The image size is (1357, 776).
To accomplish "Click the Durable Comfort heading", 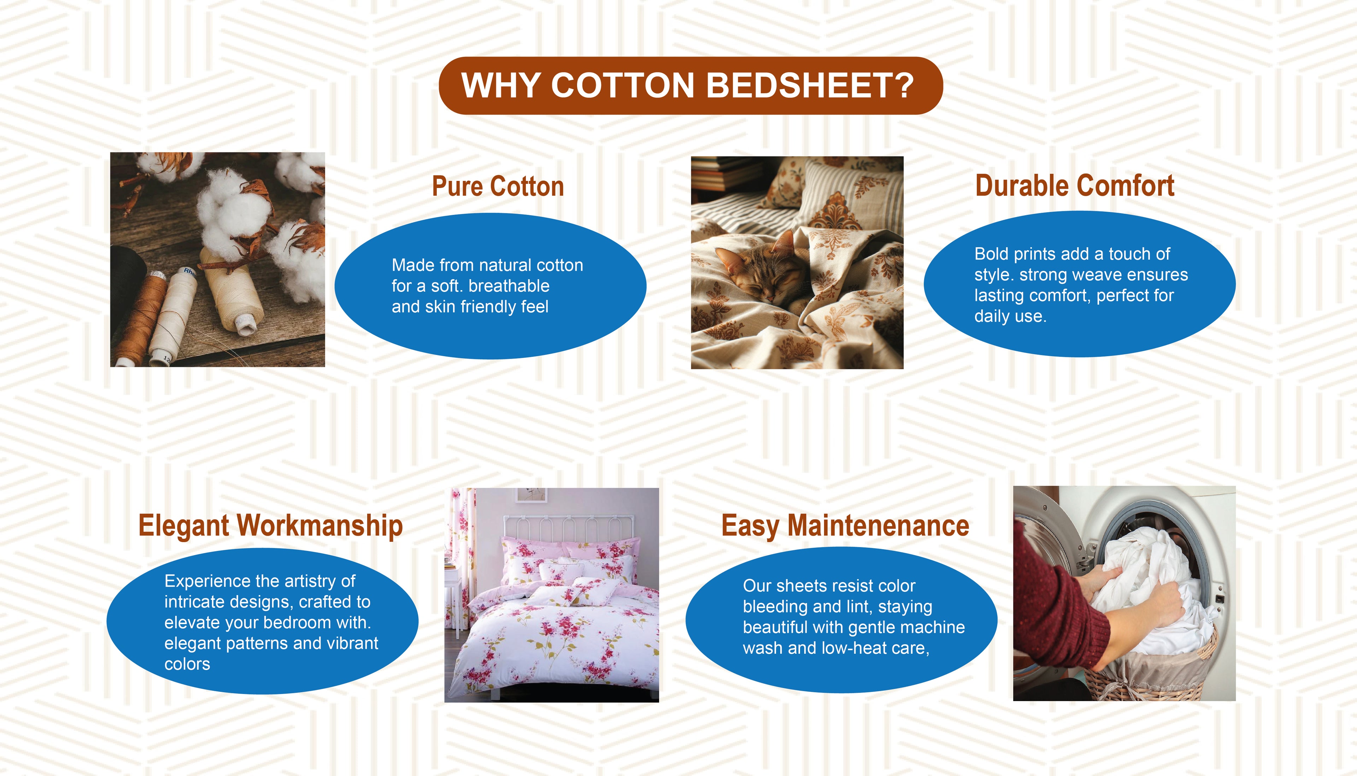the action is click(1075, 186).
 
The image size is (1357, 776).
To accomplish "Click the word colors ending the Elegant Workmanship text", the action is click(187, 664).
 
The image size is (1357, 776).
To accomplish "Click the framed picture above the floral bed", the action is click(532, 495).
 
